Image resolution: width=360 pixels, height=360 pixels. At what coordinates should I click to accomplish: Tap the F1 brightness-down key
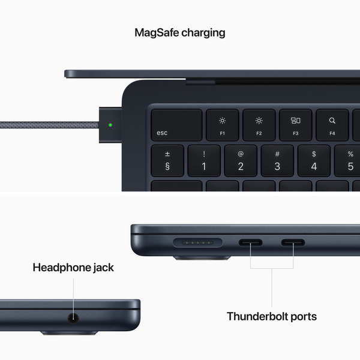tap(222, 124)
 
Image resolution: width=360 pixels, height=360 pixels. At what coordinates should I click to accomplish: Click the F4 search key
tap(332, 124)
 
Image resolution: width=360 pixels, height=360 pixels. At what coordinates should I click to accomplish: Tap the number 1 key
tap(203, 160)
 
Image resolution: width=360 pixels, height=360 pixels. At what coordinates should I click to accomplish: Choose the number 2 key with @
tap(241, 160)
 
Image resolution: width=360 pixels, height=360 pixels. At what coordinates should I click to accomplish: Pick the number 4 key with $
tap(314, 160)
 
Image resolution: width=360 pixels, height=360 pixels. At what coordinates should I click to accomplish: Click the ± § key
tap(167, 160)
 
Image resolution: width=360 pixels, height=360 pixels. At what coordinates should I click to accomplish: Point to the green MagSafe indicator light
tap(110, 126)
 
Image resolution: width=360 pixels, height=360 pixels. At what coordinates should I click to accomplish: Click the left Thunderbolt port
tap(250, 244)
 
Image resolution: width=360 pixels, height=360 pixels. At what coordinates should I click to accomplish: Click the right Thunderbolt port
tap(293, 244)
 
